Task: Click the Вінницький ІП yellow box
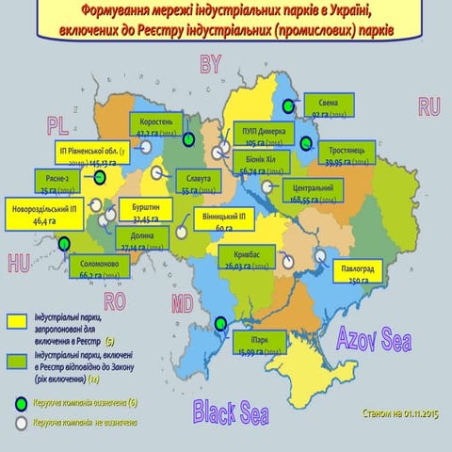[224, 222]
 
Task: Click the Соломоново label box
[104, 269]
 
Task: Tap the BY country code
[209, 64]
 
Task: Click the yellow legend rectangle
[18, 323]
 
